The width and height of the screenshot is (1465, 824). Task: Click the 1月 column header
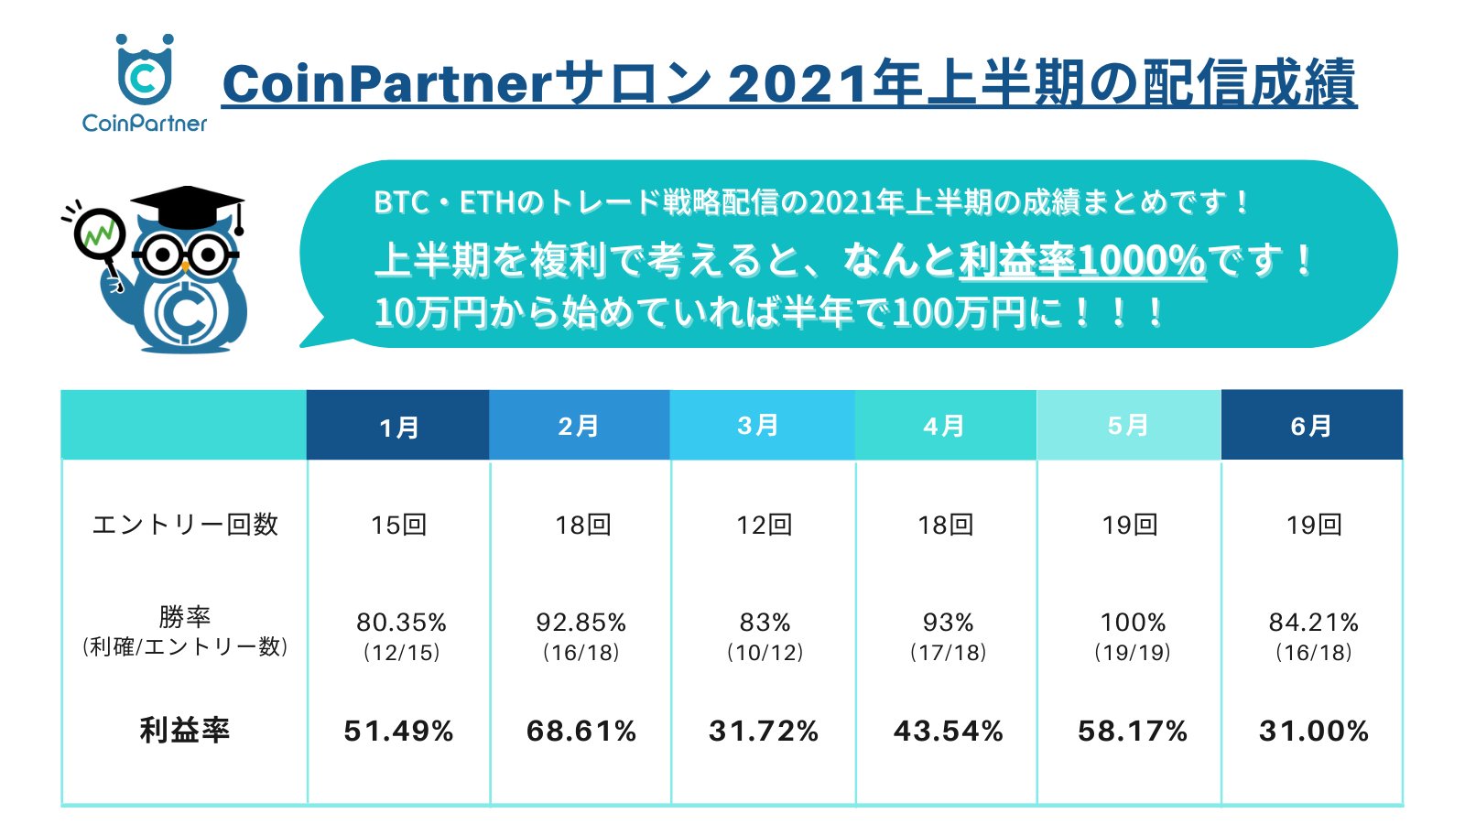point(398,427)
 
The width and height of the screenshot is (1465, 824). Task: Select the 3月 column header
point(758,426)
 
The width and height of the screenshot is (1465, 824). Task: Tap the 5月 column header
point(1128,426)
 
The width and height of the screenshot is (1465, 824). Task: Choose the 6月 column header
point(1311,426)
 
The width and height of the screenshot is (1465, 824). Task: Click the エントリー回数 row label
point(185,525)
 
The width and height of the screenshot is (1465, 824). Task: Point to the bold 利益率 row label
point(185,731)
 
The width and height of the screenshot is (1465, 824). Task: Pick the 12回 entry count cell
point(764,525)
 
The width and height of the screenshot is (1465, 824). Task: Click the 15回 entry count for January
point(398,525)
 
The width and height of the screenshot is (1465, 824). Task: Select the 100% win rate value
point(1133,623)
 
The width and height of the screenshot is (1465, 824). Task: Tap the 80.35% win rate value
point(401,623)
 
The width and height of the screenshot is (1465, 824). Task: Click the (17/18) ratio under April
point(948,653)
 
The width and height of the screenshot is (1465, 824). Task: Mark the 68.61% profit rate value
point(581,731)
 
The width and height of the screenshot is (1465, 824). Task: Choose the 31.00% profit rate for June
point(1313,731)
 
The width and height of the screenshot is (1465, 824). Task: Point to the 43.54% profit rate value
point(948,731)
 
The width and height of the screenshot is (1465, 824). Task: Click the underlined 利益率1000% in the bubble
point(1081,261)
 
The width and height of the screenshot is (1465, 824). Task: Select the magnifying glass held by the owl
point(100,235)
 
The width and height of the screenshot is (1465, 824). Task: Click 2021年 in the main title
point(824,83)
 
